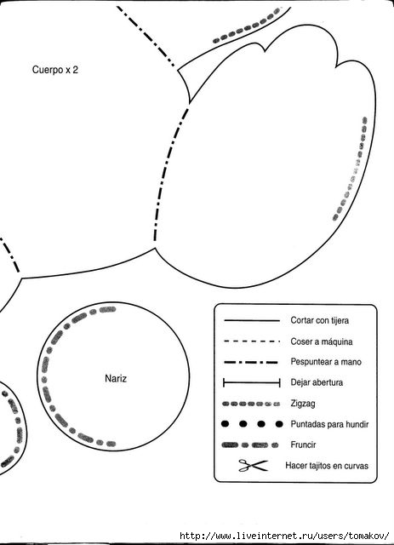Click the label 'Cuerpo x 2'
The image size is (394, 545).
click(55, 70)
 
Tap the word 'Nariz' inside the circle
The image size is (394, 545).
click(116, 378)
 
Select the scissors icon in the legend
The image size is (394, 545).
click(254, 465)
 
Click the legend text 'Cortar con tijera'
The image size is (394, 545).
click(320, 320)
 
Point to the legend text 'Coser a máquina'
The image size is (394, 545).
click(322, 341)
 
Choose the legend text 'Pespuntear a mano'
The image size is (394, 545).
click(326, 362)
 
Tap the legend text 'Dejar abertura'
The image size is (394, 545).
click(317, 382)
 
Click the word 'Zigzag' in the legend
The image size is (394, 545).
click(303, 404)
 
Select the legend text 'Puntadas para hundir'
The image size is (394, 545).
click(329, 424)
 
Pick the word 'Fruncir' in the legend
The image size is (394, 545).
click(303, 445)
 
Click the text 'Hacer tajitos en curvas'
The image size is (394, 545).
click(327, 466)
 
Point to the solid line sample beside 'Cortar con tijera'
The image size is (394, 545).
click(252, 320)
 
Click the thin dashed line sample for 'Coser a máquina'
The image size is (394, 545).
click(252, 341)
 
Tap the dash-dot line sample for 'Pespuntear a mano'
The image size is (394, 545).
click(251, 362)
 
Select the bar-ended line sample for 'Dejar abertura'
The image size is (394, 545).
click(252, 383)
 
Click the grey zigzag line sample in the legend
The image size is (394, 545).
click(251, 404)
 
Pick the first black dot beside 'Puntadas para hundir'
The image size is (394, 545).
click(226, 424)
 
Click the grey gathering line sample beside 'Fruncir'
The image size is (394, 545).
click(250, 445)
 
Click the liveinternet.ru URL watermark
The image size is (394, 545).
click(284, 536)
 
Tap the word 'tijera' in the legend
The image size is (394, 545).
click(340, 320)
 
